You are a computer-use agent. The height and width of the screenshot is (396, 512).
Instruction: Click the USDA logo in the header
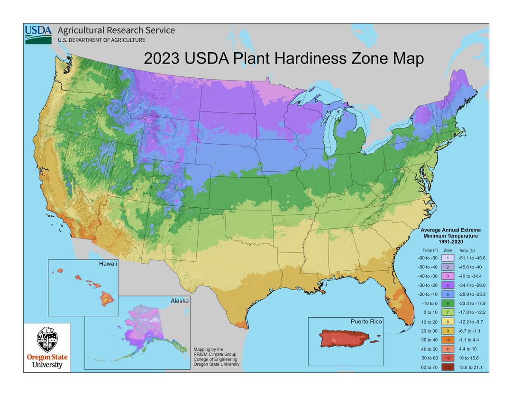38,35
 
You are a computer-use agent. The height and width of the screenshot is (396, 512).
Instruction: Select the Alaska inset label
180,301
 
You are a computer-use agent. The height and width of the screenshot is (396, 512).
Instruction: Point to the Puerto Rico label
366,322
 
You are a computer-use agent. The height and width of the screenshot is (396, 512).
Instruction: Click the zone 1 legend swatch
448,258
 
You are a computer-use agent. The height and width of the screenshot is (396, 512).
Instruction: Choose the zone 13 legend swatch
448,368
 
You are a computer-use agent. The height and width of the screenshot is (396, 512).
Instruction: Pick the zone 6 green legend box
448,304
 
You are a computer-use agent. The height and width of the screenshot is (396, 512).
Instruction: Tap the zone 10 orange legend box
448,340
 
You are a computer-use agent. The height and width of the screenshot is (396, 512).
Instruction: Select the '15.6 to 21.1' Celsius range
470,368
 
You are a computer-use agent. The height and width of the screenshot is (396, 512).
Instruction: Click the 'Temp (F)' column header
427,250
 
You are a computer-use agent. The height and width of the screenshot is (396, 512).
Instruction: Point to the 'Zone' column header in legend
448,250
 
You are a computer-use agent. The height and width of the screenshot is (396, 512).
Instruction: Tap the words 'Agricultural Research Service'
116,30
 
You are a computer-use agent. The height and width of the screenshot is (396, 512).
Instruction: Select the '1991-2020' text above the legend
450,241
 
